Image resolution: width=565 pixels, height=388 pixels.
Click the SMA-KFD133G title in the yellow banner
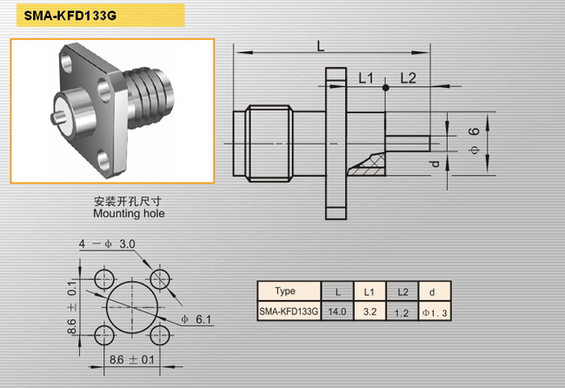click(x=70, y=16)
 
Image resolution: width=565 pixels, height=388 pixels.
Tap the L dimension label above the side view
click(x=321, y=46)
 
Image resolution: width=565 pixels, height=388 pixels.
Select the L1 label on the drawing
click(x=366, y=78)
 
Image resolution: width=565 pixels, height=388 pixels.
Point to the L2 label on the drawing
click(x=409, y=78)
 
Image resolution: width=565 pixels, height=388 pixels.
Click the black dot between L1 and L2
click(x=386, y=88)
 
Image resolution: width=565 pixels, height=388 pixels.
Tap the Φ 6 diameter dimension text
click(x=475, y=141)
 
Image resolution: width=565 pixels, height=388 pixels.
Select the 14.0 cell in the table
click(x=337, y=311)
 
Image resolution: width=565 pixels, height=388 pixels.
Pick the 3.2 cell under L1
click(x=369, y=311)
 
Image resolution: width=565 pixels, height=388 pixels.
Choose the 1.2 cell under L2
click(x=402, y=312)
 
